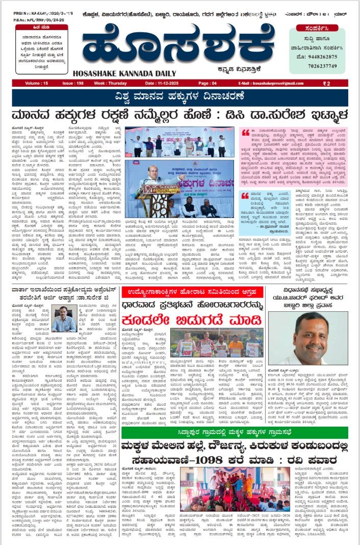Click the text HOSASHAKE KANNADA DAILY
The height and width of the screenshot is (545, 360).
[129, 73]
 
